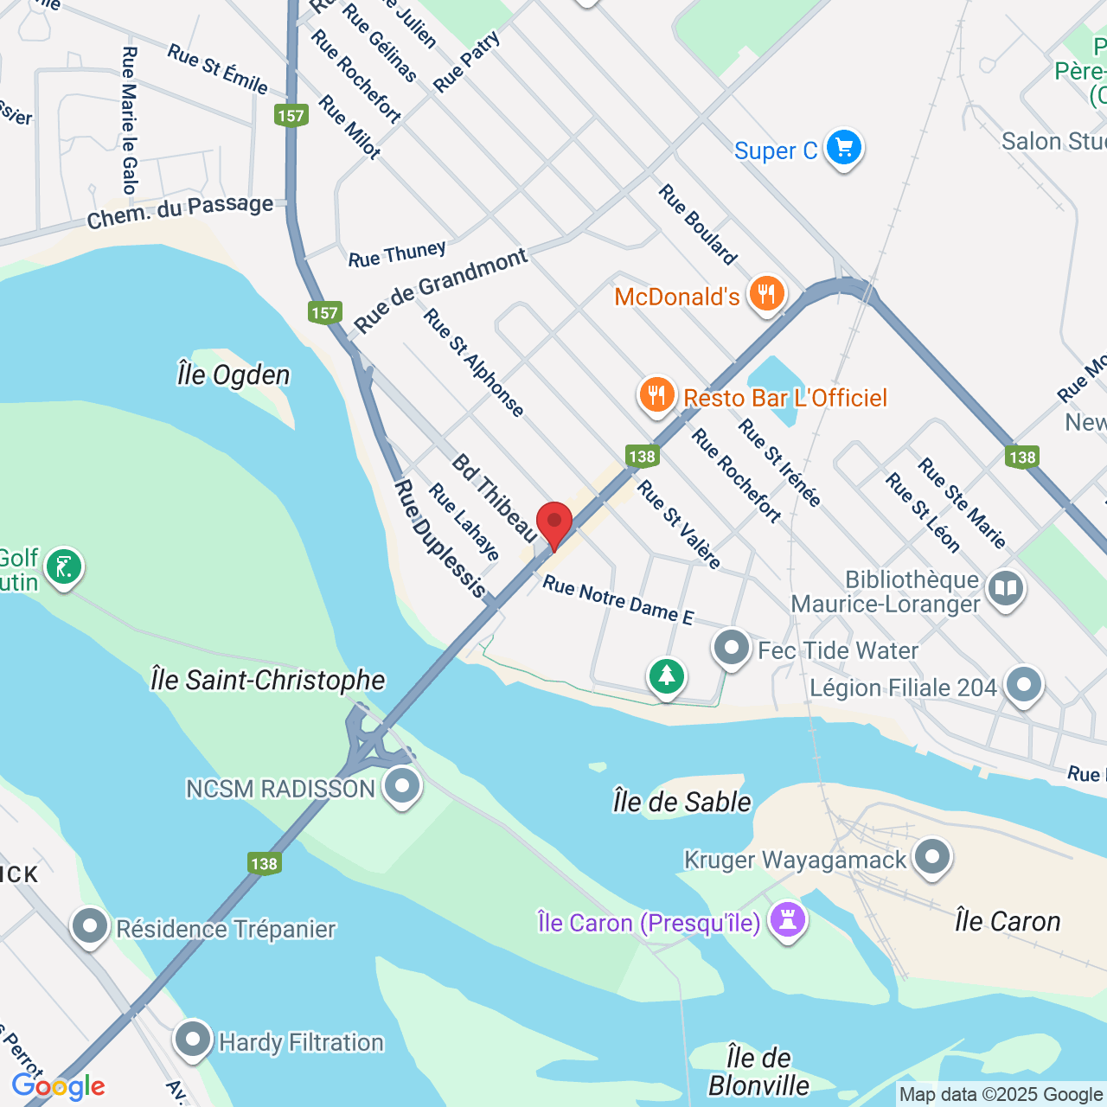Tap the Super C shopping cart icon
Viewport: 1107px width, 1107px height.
843,148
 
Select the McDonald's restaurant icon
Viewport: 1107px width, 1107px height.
765,294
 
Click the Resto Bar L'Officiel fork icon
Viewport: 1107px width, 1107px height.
657,395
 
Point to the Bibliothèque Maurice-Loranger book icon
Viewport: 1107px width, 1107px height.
1005,590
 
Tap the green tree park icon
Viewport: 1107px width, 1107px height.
666,675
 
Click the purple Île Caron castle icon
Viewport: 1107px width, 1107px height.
787,919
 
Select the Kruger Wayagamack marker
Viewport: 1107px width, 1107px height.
931,857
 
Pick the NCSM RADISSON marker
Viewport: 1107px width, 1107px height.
401,786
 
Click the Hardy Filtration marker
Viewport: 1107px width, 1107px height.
193,1040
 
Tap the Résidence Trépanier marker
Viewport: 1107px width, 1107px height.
90,926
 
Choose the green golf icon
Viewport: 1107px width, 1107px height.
63,567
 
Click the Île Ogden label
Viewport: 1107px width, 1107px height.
234,375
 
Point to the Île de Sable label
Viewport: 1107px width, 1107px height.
681,802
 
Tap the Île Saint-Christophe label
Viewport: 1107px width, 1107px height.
267,680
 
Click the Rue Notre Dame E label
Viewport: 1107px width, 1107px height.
617,599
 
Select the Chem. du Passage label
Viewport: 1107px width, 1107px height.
180,210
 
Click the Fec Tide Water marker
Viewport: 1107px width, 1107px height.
732,648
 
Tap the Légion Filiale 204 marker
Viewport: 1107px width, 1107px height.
1023,685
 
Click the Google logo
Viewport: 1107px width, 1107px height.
58,1086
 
